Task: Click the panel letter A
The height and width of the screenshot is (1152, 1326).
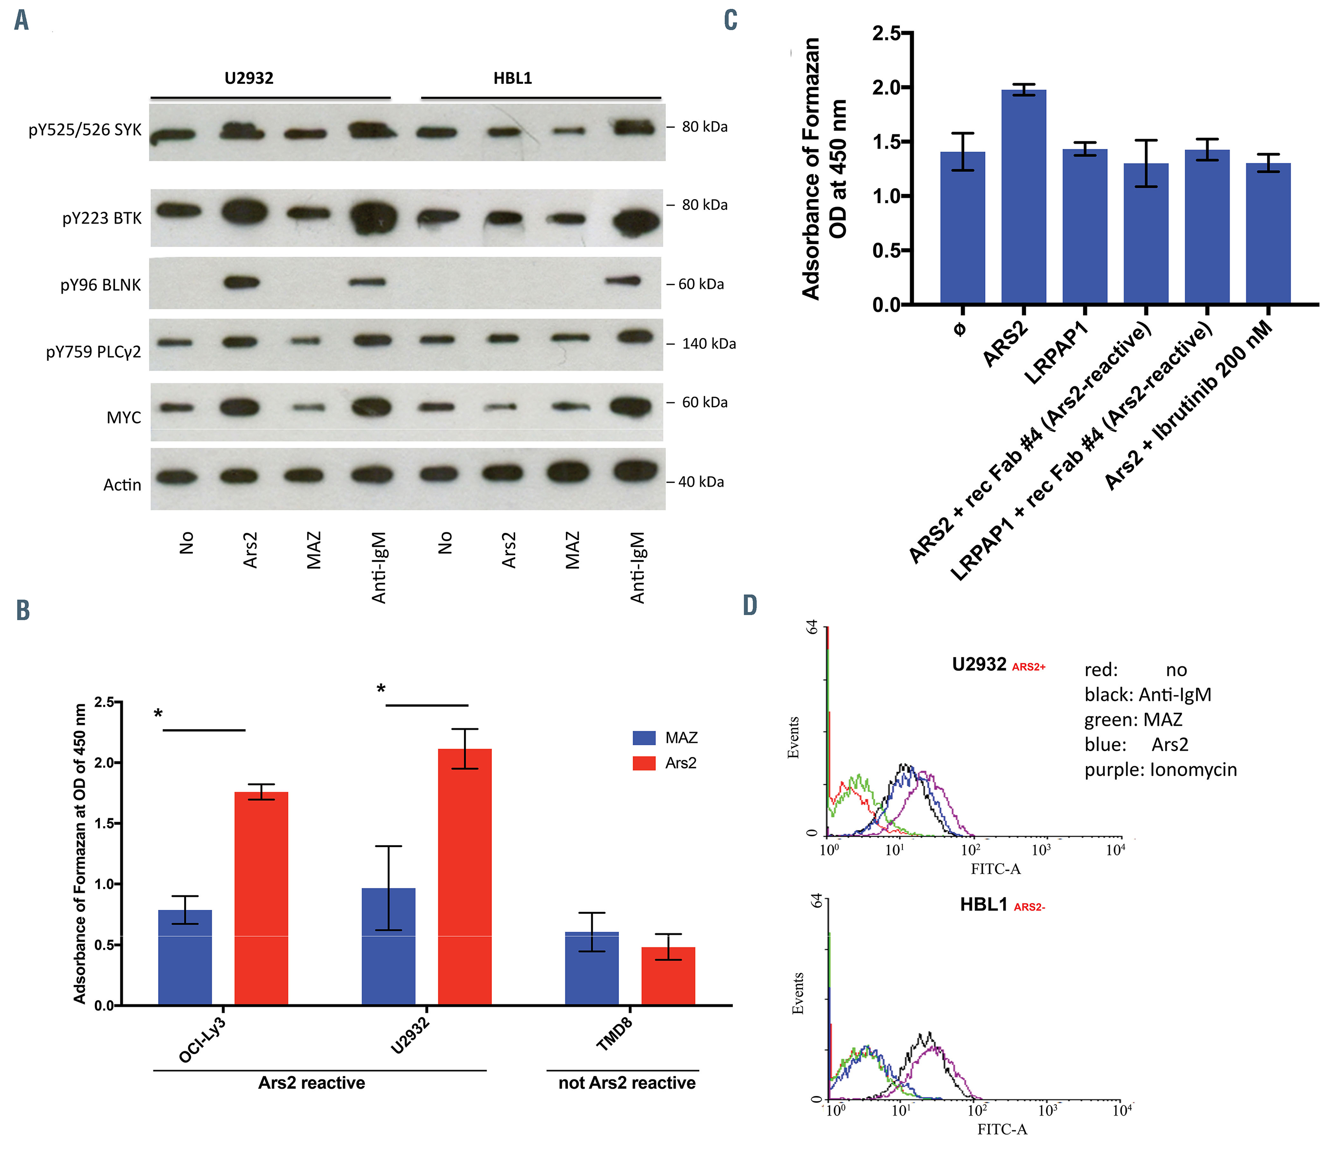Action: pos(21,20)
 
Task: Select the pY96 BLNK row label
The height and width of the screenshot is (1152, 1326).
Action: pos(100,285)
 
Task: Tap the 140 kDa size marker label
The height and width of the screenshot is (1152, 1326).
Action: pos(709,344)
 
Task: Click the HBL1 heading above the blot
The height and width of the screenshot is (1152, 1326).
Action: pos(512,78)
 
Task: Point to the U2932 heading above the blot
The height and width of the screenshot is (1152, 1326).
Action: pos(249,78)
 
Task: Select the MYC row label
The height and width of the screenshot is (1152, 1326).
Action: pos(123,417)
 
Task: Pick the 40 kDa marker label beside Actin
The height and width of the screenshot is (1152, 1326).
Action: pos(701,481)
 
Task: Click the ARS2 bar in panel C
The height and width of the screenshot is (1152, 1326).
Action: pos(1023,196)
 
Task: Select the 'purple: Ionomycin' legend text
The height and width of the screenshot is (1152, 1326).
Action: pos(1160,770)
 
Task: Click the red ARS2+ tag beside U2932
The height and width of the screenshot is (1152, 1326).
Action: pos(1028,667)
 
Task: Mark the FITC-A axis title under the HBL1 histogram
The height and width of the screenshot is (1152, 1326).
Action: pos(1002,1129)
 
